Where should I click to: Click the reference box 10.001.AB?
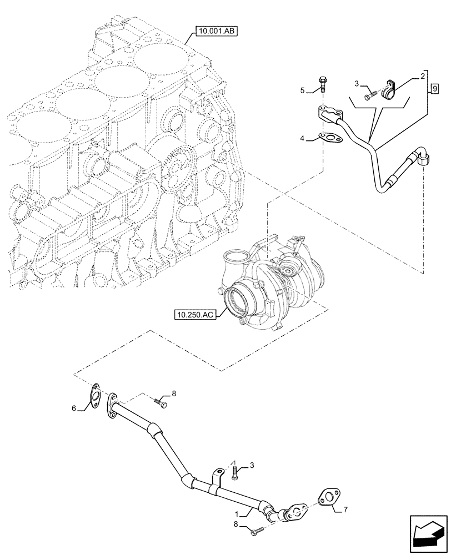[x=216, y=32]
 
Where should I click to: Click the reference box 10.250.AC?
[x=194, y=315]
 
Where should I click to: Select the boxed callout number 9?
[x=434, y=88]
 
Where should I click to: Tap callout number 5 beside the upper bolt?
[x=302, y=89]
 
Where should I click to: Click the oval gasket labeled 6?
[x=95, y=395]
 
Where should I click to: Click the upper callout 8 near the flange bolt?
[x=173, y=393]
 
